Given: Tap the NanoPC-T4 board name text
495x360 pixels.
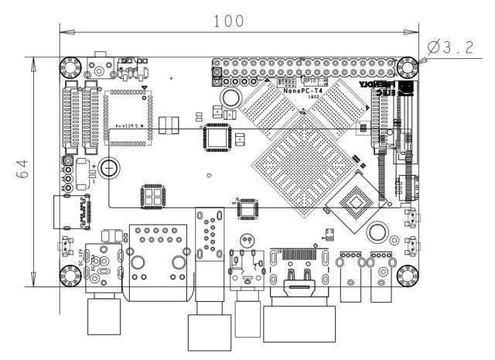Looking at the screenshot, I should pyautogui.click(x=303, y=91).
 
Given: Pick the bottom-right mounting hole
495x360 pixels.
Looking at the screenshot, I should pyautogui.click(x=407, y=274).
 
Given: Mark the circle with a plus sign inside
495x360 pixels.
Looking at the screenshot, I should pyautogui.click(x=111, y=167).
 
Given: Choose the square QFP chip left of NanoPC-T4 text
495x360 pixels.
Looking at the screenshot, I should pyautogui.click(x=216, y=139).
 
